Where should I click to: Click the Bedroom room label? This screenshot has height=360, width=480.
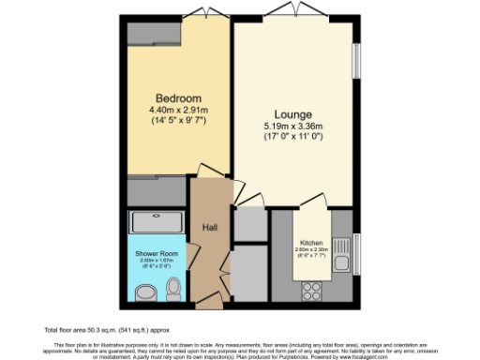(x=178, y=98)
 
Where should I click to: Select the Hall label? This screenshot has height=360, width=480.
(x=210, y=227)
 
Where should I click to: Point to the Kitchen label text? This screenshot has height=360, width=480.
(x=312, y=243)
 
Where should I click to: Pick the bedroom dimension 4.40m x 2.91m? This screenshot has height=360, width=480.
(x=178, y=111)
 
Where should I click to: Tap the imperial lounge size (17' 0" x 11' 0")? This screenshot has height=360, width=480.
(x=293, y=137)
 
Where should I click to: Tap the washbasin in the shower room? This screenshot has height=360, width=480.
(x=144, y=293)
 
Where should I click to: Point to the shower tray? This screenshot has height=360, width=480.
(x=157, y=222)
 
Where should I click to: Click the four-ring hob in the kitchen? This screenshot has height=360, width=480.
(x=310, y=290)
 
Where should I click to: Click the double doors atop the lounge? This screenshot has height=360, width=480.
(x=293, y=11)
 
